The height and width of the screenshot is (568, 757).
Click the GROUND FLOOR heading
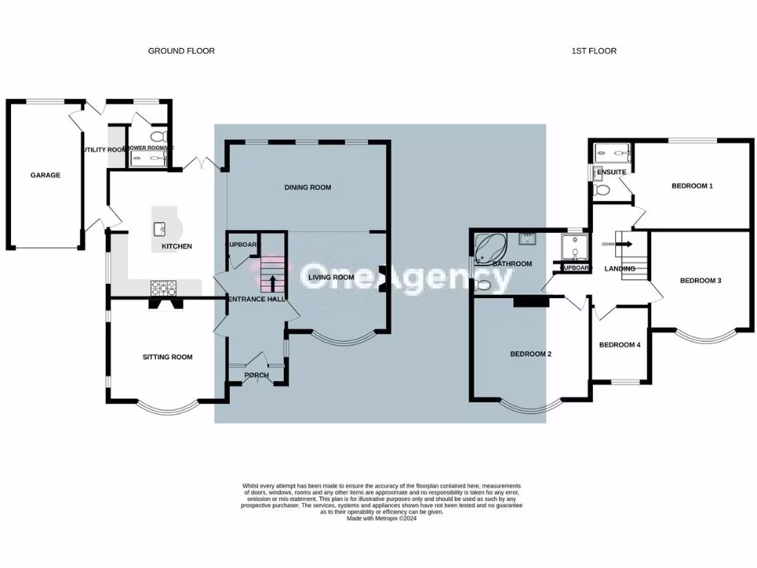point(181,51)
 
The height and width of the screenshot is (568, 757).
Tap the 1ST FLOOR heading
point(594,51)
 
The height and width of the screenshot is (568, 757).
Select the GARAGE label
point(45,175)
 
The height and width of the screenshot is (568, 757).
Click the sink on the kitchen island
point(159,229)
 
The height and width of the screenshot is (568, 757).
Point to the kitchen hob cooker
point(160,287)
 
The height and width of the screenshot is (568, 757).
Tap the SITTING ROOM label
point(167,357)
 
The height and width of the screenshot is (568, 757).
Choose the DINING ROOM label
point(308,188)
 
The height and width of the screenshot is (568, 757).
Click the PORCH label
point(257,375)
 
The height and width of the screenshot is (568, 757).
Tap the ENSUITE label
point(611,172)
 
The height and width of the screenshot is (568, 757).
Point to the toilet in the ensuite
point(602,190)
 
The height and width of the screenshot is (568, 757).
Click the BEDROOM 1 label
point(692,186)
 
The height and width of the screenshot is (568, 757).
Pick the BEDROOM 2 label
point(531,354)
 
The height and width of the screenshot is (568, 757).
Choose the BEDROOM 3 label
point(700,281)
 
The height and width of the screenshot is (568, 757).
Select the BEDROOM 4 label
point(619,345)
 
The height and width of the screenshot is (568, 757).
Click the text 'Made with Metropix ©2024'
point(384,518)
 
